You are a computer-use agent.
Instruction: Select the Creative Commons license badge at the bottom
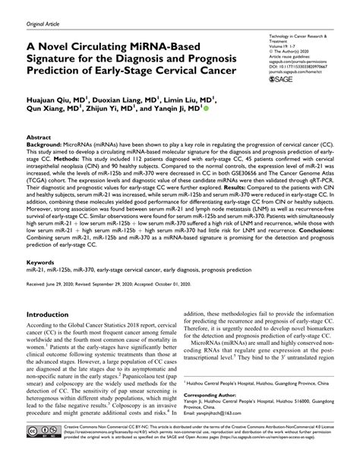pyautogui.click(x=40, y=453)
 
